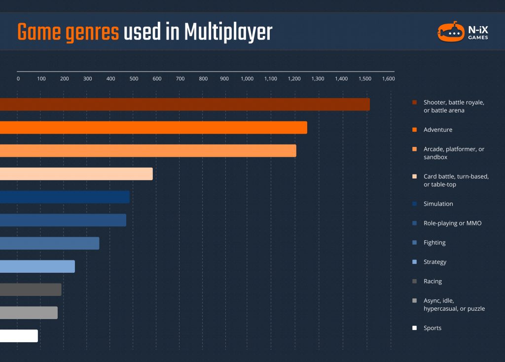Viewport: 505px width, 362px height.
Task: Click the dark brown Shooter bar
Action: click(185, 105)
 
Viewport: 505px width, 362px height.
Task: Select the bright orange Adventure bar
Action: click(153, 128)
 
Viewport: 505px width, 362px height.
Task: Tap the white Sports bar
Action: click(19, 336)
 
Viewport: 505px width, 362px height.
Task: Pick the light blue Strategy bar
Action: click(37, 266)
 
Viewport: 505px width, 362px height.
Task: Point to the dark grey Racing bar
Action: click(31, 290)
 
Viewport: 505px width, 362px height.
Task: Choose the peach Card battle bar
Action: click(76, 174)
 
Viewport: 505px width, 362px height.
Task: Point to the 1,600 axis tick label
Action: click(388, 79)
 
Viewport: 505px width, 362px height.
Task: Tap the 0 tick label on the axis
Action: click(18, 79)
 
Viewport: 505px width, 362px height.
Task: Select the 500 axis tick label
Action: click(134, 79)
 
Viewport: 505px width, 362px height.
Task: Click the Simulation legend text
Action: click(438, 204)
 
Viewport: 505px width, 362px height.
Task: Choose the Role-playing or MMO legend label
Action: click(452, 223)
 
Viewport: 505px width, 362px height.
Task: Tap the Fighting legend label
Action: click(434, 243)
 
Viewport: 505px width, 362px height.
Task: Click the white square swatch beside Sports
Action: click(415, 328)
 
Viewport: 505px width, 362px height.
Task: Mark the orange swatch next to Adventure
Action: click(415, 130)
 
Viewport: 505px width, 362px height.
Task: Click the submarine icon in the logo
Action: click(451, 32)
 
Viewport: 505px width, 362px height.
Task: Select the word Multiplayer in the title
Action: click(228, 33)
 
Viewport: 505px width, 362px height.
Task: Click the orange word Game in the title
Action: click(39, 33)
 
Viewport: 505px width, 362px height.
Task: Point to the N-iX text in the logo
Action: click(478, 28)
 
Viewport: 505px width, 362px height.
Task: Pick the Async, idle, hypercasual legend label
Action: click(454, 305)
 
